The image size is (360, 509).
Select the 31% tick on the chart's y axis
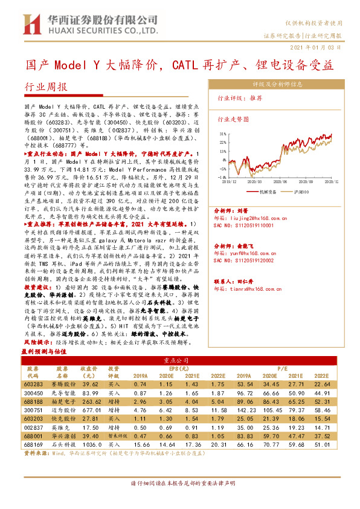[222, 134]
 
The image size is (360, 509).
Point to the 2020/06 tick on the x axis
[281, 180]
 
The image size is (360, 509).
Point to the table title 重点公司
[179, 360]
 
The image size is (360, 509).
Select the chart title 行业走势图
[233, 120]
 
